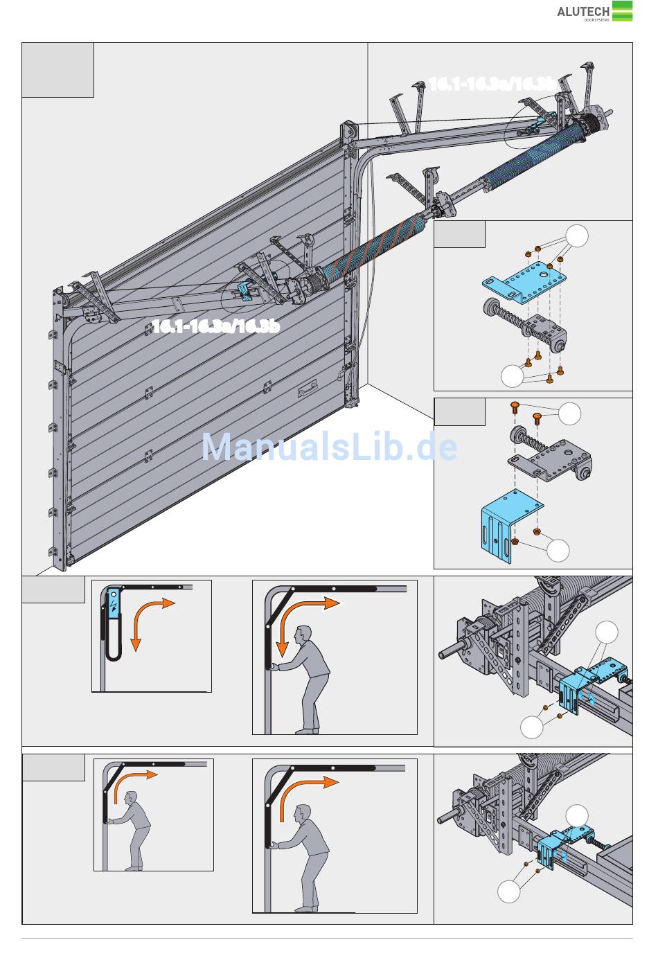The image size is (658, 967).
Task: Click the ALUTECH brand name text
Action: (583, 11)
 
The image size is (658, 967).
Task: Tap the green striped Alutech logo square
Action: (622, 11)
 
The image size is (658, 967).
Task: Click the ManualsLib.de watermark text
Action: (329, 447)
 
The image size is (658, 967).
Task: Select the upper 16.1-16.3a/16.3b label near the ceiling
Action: (491, 84)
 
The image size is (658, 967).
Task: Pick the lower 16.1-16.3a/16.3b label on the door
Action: (215, 326)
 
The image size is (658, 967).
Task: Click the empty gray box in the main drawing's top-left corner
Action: (57, 69)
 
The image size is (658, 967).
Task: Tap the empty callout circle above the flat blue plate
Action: (576, 236)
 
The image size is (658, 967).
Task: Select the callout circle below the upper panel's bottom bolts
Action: (512, 375)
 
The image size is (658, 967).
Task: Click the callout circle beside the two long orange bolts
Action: (569, 414)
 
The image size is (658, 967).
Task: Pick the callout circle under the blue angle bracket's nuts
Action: (558, 551)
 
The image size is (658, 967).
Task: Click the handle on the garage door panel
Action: (308, 391)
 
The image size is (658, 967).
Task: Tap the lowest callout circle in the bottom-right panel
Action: (509, 892)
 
